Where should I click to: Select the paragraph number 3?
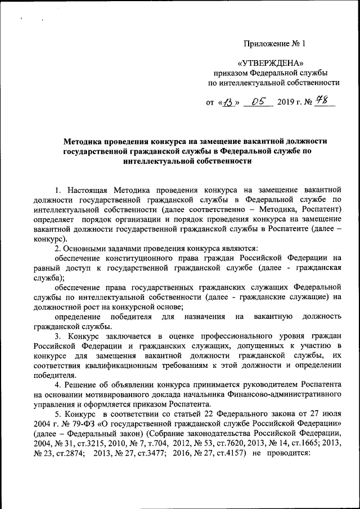(57, 336)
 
